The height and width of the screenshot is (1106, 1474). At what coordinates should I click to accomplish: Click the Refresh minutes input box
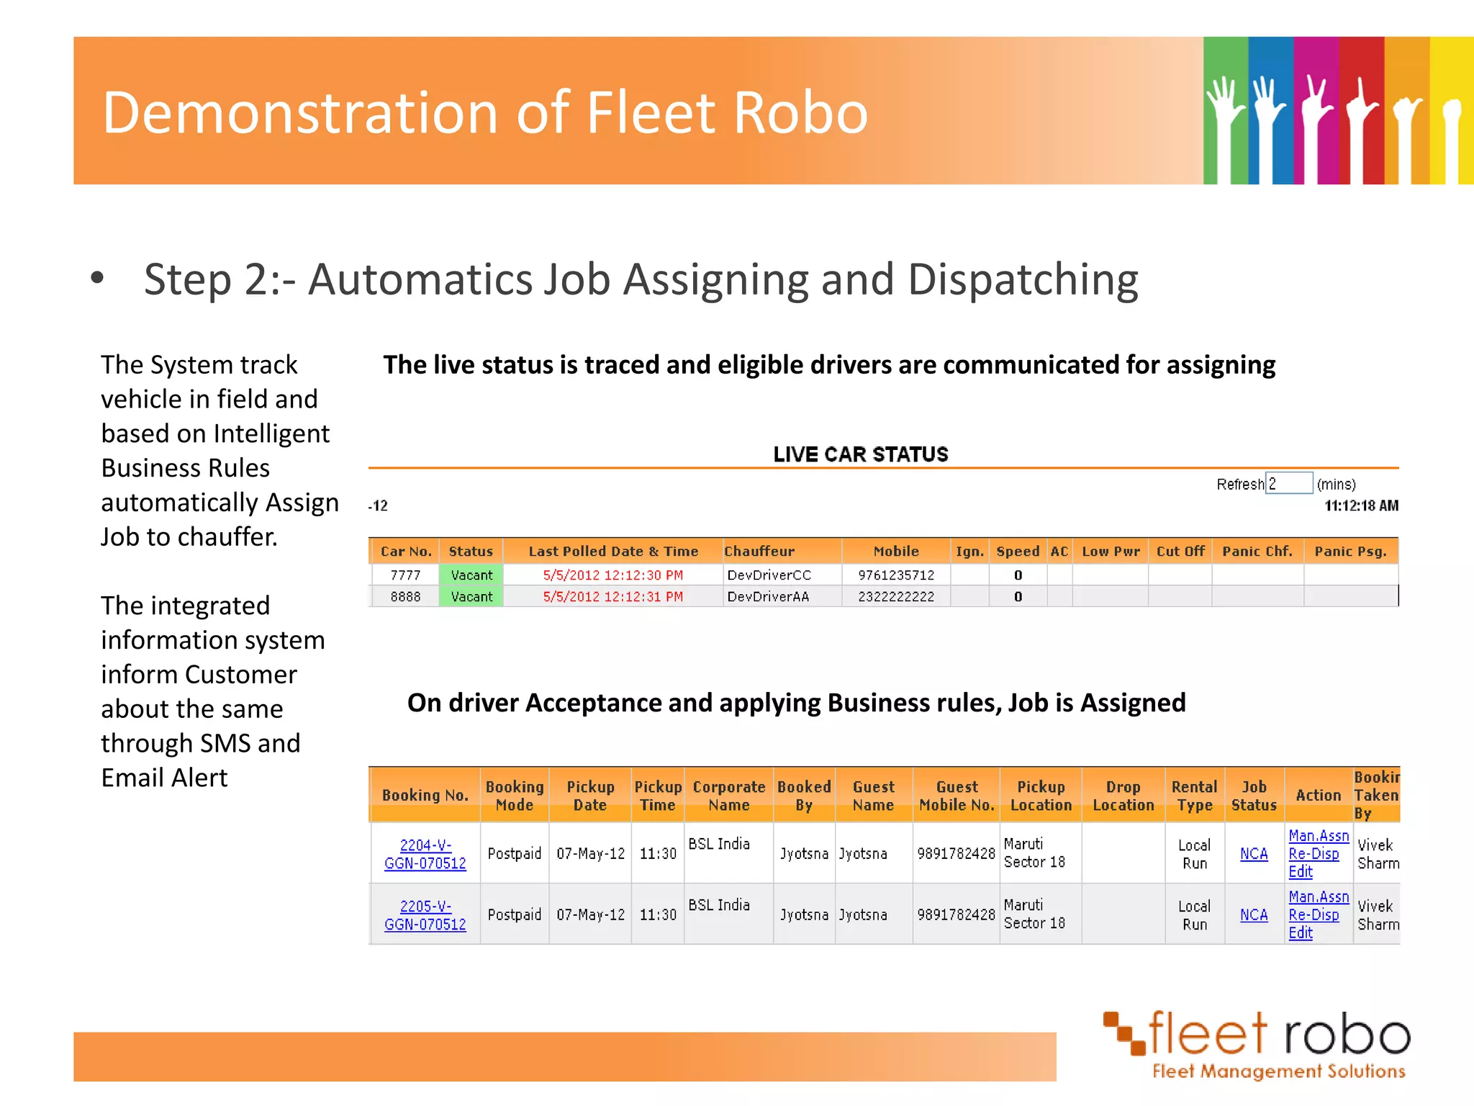[x=1289, y=483]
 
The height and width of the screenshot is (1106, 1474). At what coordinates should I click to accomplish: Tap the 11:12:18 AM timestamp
[x=1361, y=505]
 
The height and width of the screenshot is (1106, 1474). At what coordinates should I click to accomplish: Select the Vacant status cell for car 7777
[x=471, y=575]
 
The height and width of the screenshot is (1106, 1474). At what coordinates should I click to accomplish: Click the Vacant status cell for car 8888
[x=471, y=596]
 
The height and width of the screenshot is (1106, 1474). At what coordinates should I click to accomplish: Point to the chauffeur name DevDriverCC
[x=769, y=575]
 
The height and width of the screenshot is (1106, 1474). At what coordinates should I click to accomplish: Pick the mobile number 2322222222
[x=896, y=596]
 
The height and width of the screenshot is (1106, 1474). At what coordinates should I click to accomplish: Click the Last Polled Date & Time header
[x=613, y=552]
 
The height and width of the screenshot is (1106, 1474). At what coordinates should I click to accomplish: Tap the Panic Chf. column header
[x=1257, y=552]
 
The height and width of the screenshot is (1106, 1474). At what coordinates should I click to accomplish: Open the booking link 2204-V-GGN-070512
[x=425, y=854]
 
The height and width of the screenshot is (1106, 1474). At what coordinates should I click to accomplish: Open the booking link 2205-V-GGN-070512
[x=425, y=915]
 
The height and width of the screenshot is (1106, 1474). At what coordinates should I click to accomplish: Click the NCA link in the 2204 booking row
[x=1254, y=854]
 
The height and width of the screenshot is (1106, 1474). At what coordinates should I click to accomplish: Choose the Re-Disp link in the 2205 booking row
[x=1314, y=915]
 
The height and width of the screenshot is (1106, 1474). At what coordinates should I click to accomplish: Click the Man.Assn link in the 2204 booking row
[x=1319, y=836]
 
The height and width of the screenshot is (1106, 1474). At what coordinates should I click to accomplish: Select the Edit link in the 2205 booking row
[x=1301, y=933]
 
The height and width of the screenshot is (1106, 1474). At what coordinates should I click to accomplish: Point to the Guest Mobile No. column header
[x=957, y=796]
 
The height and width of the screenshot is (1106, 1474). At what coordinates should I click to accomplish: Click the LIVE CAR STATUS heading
[x=861, y=454]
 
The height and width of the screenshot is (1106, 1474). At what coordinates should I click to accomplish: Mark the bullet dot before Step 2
[x=98, y=278]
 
